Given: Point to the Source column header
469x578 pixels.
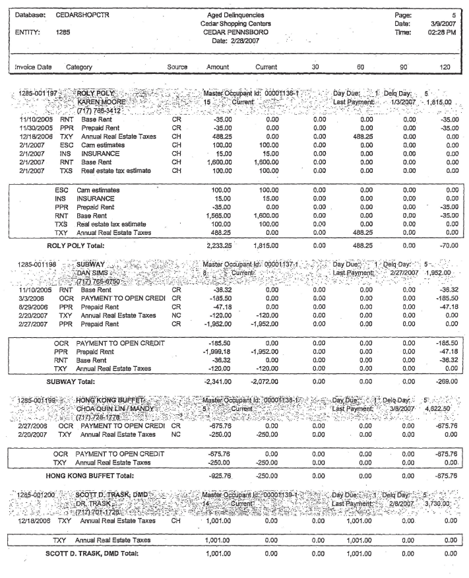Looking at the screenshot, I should point(177,67).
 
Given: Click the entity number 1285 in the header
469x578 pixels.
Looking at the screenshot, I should point(63,30).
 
